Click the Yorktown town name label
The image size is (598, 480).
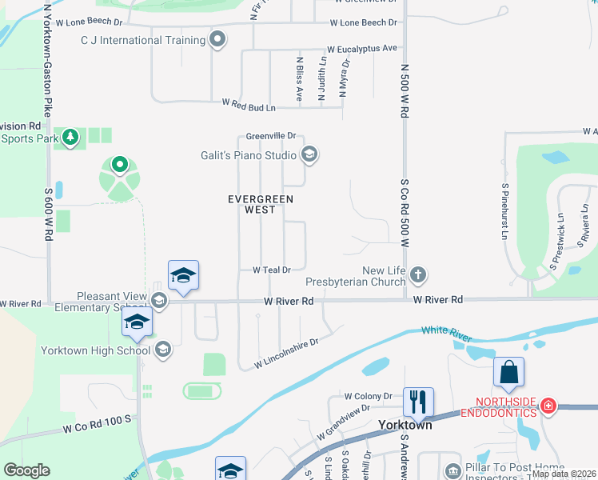405,425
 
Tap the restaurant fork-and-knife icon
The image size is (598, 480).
418,401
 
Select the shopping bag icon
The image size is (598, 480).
508,372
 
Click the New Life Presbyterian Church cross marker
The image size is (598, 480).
417,276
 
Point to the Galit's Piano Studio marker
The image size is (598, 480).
309,154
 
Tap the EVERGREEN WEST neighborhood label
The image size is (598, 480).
261,204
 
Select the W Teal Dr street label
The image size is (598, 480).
271,270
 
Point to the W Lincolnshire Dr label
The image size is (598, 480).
286,353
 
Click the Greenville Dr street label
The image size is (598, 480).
271,136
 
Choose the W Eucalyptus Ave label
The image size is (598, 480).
361,49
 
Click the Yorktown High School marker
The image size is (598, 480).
162,349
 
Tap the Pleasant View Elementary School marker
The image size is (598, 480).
158,301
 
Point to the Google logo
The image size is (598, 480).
26,470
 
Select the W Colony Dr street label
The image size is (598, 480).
368,396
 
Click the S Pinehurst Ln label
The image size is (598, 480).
505,212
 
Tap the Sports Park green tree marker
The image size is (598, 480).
70,138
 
